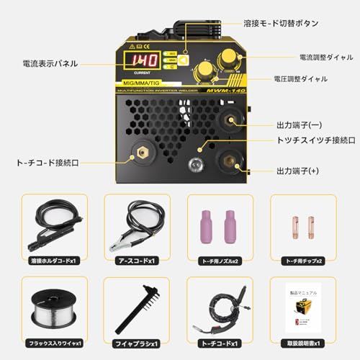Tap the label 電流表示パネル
49,63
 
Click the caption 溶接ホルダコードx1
55,261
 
